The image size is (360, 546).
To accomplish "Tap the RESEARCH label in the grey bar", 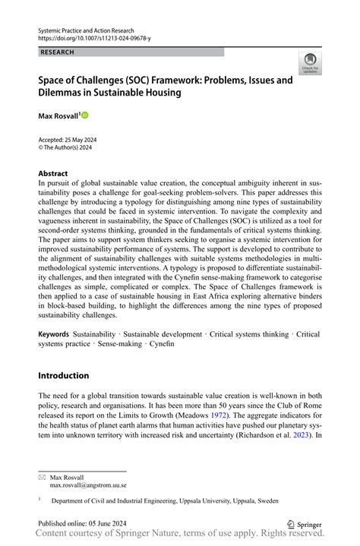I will coord(58,52).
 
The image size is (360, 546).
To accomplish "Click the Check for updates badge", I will coord(309,64).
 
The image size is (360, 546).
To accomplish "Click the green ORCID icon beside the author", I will coord(85,115).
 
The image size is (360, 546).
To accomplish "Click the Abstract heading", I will coord(53,173).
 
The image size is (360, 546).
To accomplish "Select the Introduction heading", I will coord(63,375).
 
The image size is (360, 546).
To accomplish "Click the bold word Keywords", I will coord(54,334).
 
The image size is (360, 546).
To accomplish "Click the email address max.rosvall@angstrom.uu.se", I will coord(88,484).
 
